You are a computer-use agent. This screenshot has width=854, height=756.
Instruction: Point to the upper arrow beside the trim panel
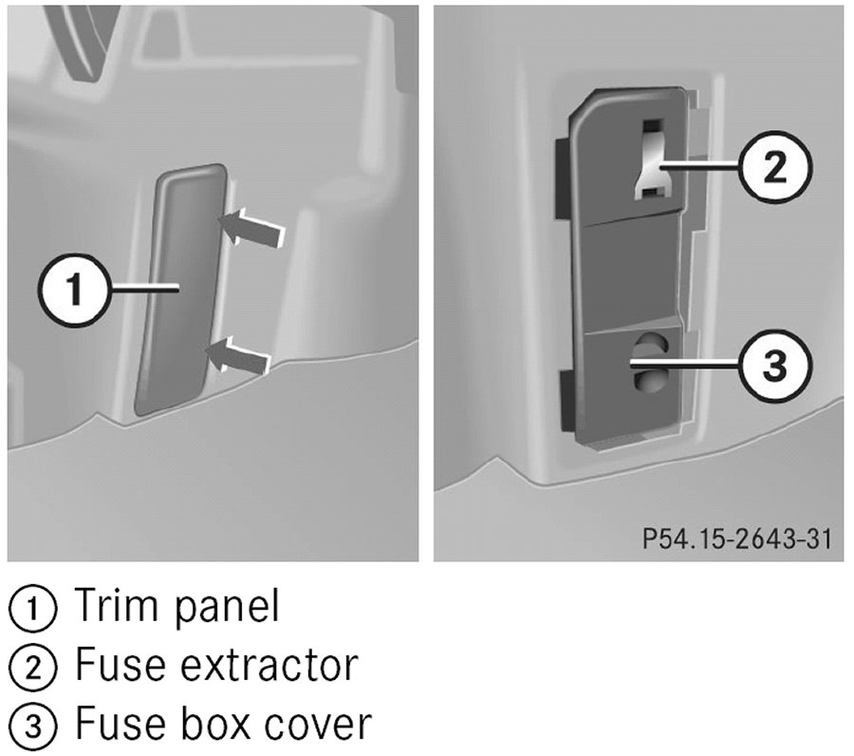[251, 228]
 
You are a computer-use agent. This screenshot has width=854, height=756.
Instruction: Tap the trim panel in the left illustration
[180, 289]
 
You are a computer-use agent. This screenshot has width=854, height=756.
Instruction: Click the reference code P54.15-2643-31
[736, 539]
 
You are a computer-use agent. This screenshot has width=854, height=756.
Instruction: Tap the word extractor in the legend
[269, 665]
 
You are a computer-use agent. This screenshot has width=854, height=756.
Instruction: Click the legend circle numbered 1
[32, 608]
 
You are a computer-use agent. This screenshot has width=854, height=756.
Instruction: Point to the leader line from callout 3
[685, 364]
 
